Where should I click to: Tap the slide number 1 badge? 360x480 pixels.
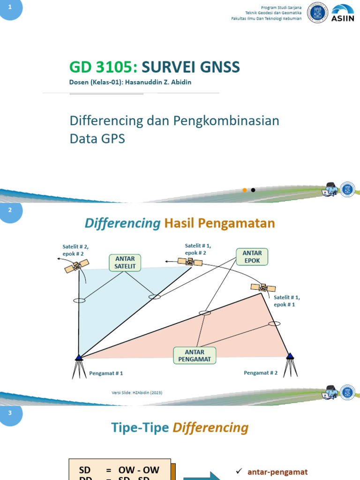click(10, 8)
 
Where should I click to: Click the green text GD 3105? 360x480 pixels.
click(103, 67)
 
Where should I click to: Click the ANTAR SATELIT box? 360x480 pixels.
click(125, 262)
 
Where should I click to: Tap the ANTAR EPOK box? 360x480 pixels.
click(252, 256)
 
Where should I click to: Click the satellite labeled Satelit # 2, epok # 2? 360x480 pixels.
click(74, 267)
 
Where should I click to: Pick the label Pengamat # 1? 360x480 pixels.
click(106, 374)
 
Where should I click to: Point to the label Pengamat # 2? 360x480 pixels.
click(261, 373)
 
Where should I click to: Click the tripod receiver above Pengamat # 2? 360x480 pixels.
click(290, 364)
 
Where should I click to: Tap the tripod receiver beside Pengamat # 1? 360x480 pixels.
click(78, 366)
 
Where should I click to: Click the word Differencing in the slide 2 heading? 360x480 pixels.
click(123, 224)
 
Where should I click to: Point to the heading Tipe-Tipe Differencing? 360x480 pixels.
click(180, 427)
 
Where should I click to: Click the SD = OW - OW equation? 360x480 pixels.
click(120, 470)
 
